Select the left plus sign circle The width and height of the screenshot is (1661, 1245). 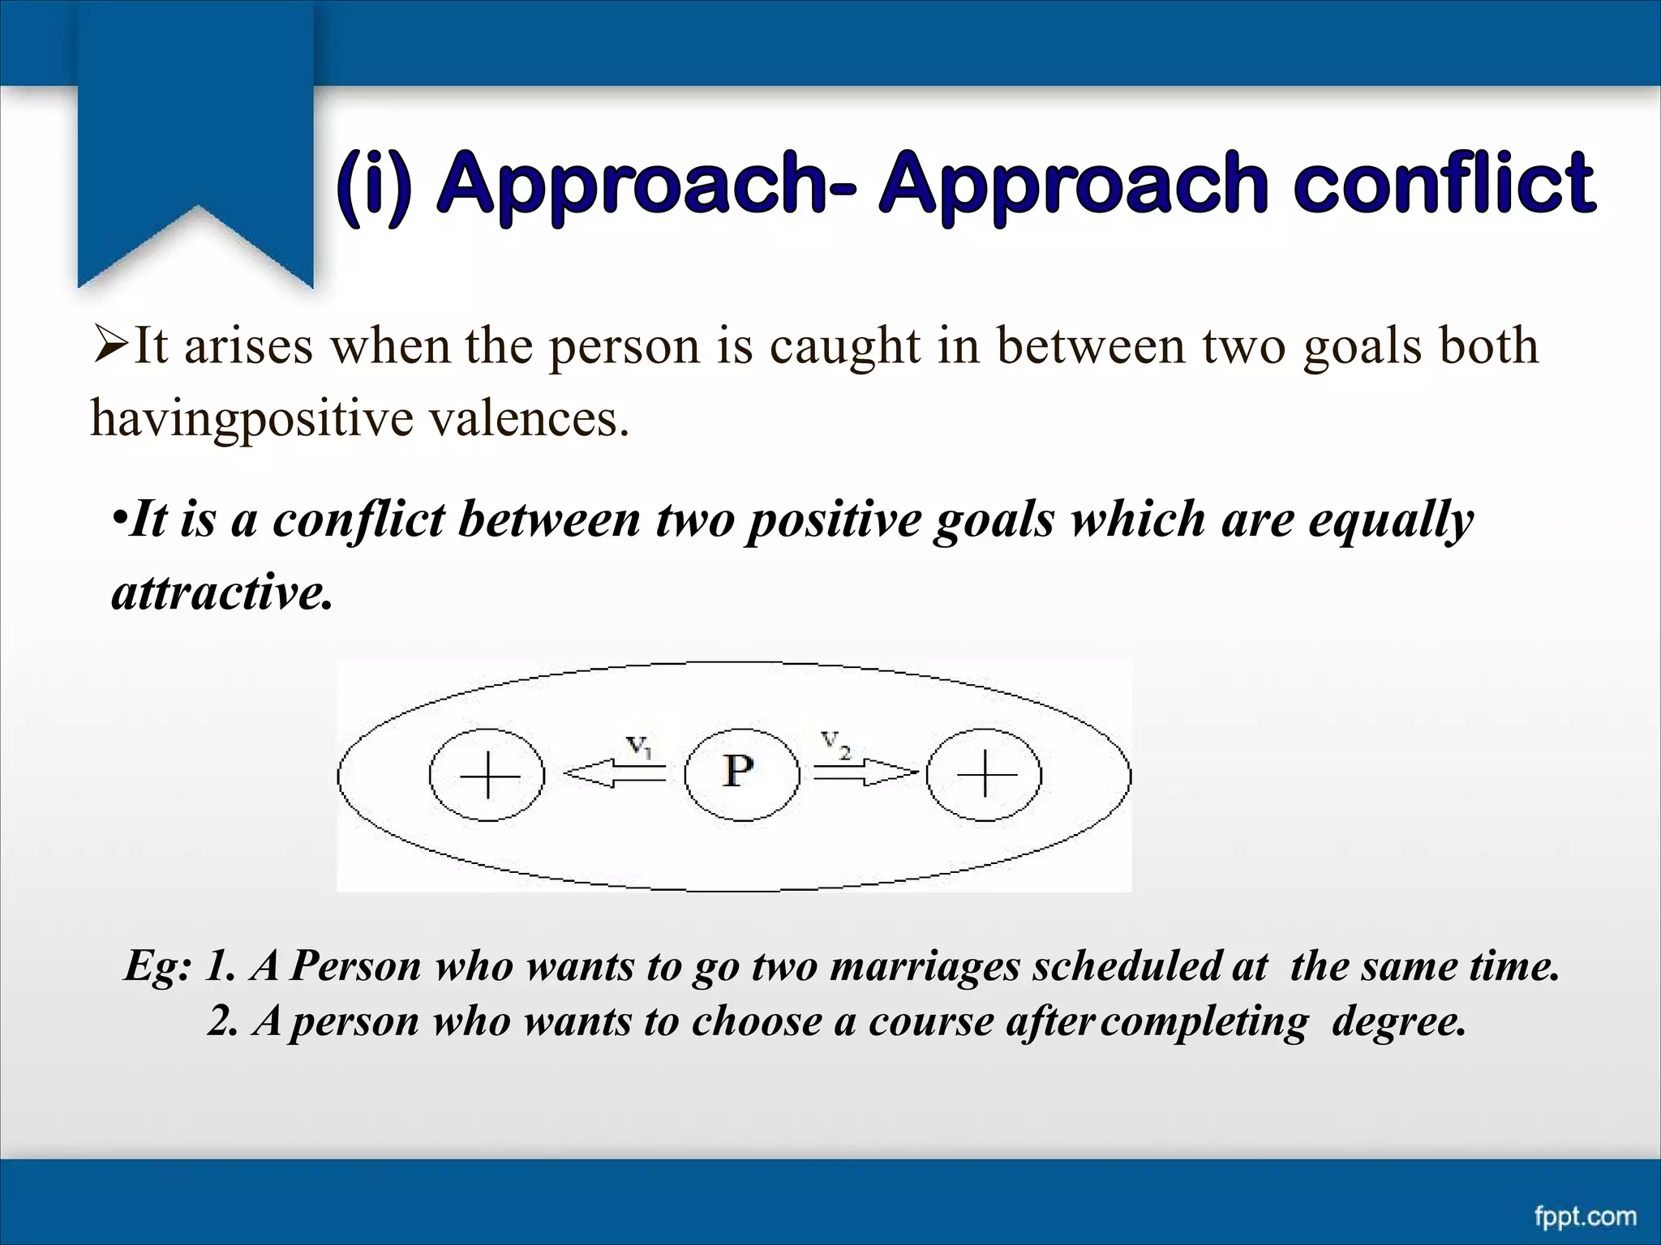[x=487, y=776]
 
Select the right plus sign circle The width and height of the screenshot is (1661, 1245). [x=985, y=776]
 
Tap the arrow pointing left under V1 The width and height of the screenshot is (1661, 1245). [x=614, y=774]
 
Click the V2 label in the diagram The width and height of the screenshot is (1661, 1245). [x=835, y=743]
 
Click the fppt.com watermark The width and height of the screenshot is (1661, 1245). [x=1585, y=1216]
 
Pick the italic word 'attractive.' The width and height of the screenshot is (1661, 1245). [x=222, y=593]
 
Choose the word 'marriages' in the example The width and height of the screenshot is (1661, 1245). [x=925, y=966]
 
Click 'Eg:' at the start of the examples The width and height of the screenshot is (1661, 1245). [x=157, y=966]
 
